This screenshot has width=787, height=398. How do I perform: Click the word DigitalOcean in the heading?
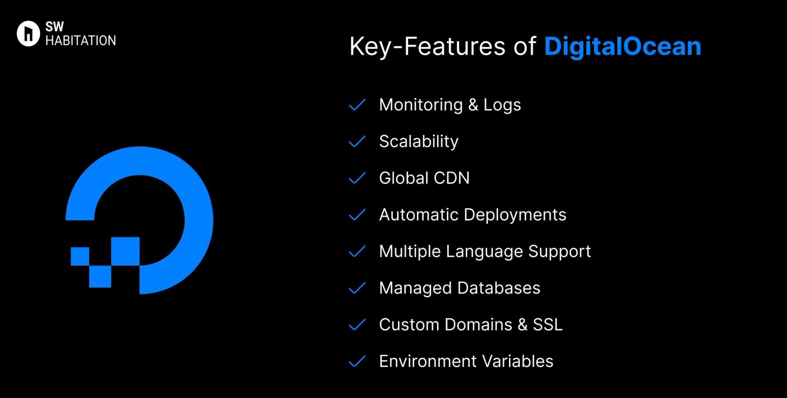click(x=622, y=46)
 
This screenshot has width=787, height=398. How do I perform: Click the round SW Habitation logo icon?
click(x=28, y=34)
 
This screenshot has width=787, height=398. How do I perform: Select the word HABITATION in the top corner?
click(x=81, y=41)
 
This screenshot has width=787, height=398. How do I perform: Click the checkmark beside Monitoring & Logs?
click(x=357, y=105)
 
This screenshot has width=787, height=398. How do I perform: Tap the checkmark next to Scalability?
click(x=357, y=141)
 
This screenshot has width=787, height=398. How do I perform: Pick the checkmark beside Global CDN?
click(x=357, y=178)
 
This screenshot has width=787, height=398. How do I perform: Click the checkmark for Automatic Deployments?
click(x=357, y=215)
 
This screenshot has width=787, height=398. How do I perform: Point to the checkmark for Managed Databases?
click(x=357, y=288)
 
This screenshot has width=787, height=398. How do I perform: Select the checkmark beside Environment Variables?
click(x=357, y=362)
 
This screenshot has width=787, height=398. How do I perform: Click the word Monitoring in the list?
click(x=421, y=105)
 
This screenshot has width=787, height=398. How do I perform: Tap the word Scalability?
click(x=419, y=142)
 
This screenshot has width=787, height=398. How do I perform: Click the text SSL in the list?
click(x=548, y=325)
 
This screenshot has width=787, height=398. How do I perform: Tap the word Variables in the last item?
click(x=518, y=362)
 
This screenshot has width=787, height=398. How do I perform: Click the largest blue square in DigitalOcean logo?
click(x=125, y=251)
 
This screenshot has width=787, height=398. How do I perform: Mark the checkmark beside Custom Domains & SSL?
click(x=357, y=325)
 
